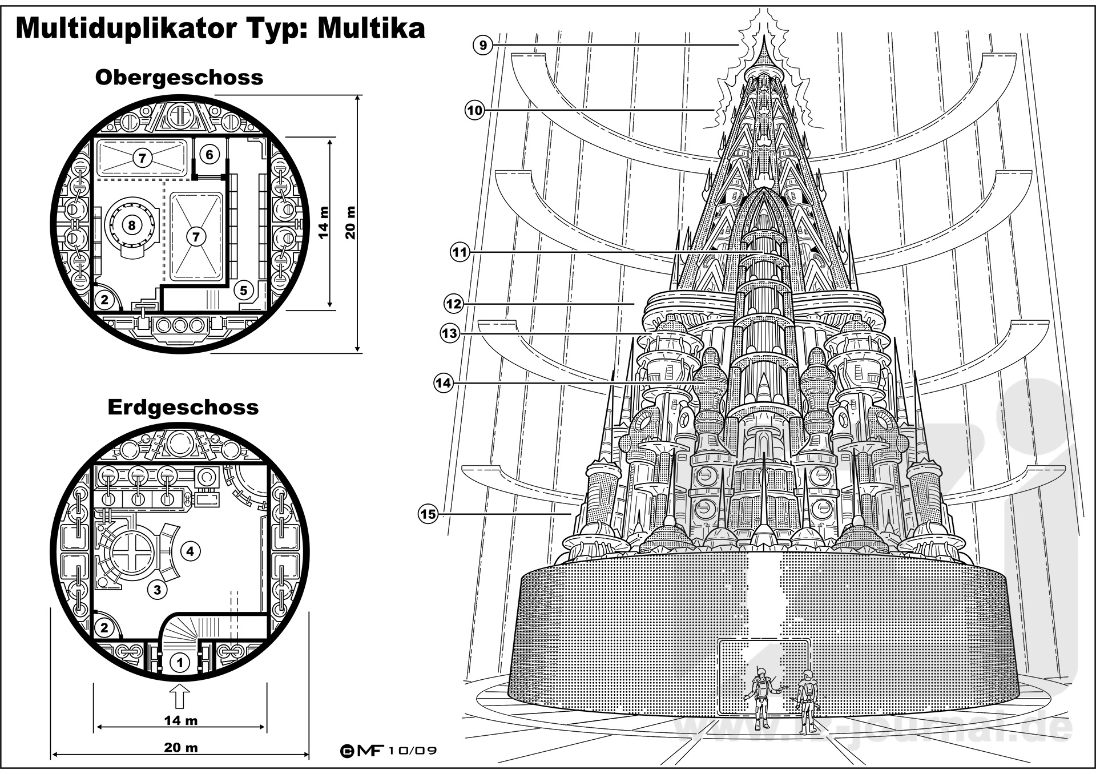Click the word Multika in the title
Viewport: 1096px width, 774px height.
click(x=371, y=28)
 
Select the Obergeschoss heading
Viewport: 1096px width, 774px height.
click(x=179, y=78)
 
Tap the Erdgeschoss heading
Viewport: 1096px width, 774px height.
click(x=183, y=408)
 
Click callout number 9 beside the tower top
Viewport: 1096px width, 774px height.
click(x=483, y=45)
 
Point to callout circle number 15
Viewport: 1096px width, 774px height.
click(x=428, y=514)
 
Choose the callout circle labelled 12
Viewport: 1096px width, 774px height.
click(x=454, y=304)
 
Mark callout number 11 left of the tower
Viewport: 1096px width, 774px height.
click(x=460, y=252)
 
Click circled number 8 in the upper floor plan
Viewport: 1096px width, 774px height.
click(x=132, y=225)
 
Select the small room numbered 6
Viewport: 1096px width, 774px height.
click(x=209, y=155)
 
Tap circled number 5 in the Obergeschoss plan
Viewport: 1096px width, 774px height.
click(x=244, y=290)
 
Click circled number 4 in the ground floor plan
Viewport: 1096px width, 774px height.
click(x=191, y=551)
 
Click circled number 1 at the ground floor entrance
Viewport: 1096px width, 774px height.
click(x=180, y=663)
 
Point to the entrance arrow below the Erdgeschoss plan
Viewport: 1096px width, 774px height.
click(x=180, y=697)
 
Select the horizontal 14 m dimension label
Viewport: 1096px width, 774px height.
click(x=180, y=720)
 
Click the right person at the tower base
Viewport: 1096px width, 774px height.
click(x=806, y=702)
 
